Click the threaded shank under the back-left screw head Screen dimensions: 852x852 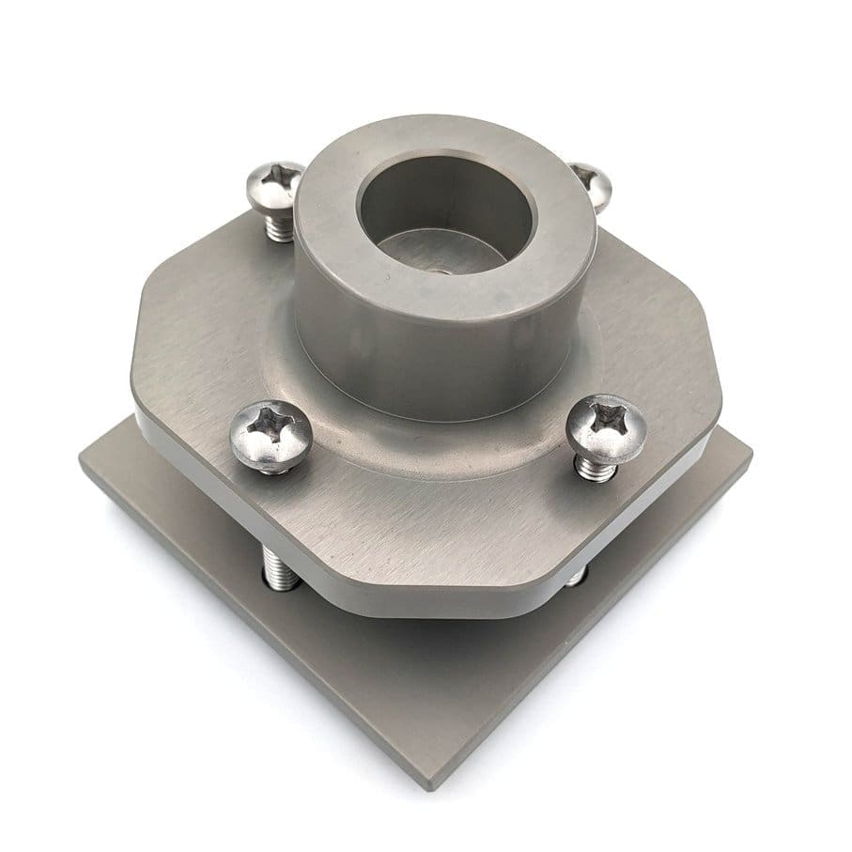[280, 225]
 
